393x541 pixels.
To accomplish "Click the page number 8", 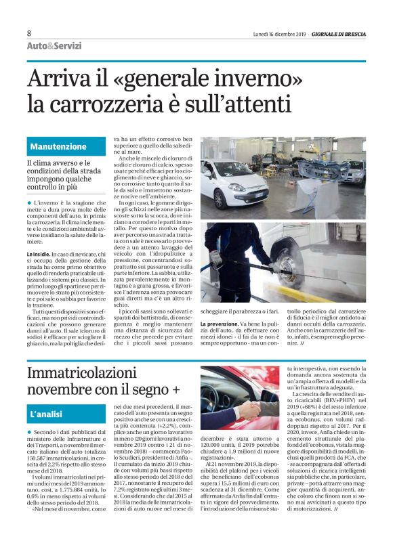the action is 28,33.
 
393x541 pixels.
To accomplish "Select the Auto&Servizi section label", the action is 54,46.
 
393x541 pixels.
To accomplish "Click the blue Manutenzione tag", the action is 58,146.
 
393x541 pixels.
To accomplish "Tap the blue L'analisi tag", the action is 47,412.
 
